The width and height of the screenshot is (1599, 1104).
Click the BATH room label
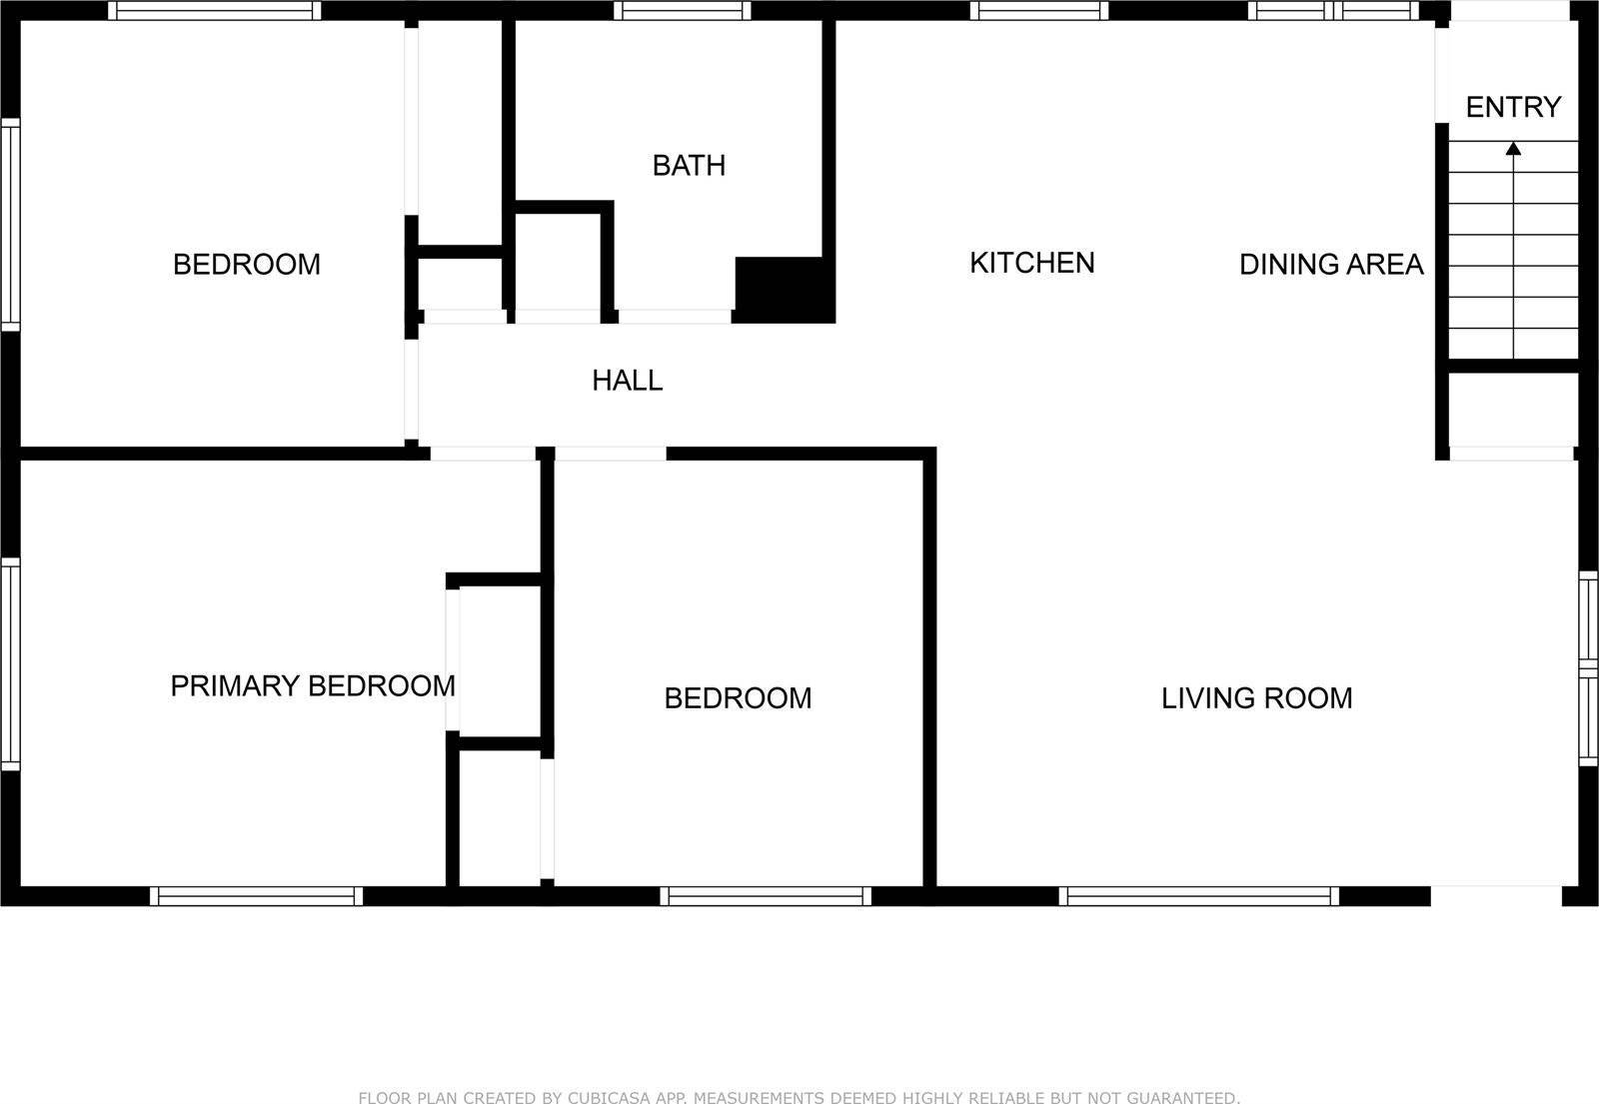689,165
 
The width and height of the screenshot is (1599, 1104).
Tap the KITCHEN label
1032,263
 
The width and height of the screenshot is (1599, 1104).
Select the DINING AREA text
1331,265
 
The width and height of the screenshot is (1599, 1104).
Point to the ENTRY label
1513,107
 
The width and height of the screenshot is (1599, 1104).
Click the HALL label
628,381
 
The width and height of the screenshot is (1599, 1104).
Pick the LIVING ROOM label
1256,698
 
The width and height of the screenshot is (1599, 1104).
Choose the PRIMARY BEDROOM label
313,686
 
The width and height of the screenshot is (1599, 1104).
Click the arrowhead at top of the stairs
1513,149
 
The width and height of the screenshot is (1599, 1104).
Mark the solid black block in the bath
785,289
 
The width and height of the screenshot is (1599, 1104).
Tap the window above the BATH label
683,11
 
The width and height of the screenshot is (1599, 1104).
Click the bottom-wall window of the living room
1198,896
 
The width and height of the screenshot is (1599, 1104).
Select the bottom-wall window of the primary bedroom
257,896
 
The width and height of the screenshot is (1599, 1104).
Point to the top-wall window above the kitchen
1038,11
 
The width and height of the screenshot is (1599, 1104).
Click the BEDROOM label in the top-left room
247,265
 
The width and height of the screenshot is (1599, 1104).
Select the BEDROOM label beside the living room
738,698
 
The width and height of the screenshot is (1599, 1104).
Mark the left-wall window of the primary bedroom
10,664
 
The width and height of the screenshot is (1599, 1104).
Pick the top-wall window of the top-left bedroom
215,11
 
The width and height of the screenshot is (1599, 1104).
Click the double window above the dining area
1333,11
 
